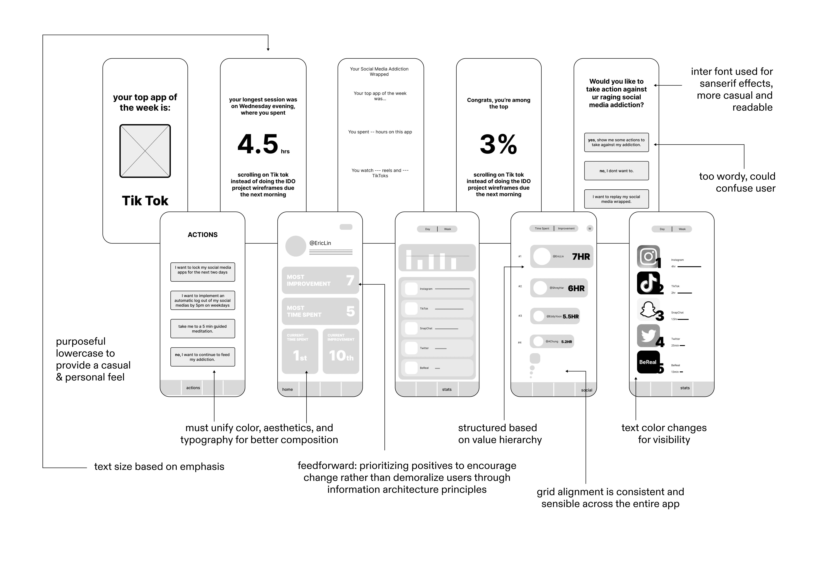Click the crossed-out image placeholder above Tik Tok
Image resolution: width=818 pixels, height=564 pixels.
tap(145, 151)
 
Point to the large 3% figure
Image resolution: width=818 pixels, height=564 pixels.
tap(498, 144)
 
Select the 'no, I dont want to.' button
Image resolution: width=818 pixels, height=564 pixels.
tap(616, 171)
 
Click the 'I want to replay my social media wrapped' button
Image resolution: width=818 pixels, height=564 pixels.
tap(616, 199)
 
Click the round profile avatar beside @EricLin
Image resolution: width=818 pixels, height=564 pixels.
tap(295, 246)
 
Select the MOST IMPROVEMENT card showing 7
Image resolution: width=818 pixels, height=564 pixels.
tap(320, 280)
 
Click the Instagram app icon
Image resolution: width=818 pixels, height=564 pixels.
tap(648, 257)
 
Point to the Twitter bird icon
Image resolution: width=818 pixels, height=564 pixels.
tap(648, 335)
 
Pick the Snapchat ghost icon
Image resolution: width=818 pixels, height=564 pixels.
tap(648, 309)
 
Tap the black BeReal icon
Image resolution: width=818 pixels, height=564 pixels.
tap(648, 362)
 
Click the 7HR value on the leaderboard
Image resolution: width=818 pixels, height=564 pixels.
tap(581, 257)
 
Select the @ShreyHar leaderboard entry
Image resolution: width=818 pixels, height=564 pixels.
tap(559, 288)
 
